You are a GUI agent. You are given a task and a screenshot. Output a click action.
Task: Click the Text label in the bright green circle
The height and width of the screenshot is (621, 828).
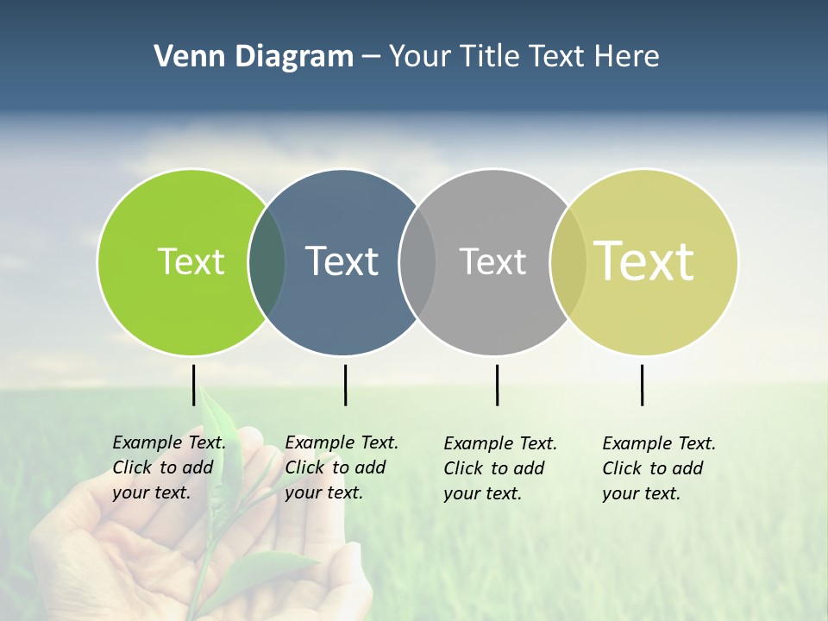click(x=191, y=261)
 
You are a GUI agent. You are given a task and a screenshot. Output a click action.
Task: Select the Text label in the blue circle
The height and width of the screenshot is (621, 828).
click(x=342, y=261)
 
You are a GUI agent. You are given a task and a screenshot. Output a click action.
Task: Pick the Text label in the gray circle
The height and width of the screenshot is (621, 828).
click(x=492, y=261)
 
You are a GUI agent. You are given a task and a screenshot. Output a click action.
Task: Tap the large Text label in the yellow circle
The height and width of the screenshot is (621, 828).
click(x=643, y=261)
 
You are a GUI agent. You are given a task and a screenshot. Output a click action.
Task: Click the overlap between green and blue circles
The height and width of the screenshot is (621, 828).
click(x=267, y=262)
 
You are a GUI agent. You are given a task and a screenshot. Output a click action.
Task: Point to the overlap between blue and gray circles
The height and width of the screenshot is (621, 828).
click(x=417, y=262)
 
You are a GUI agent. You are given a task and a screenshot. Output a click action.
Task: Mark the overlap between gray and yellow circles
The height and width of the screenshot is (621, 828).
click(x=568, y=262)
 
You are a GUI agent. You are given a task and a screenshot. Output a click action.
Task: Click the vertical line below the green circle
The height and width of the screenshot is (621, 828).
click(x=194, y=385)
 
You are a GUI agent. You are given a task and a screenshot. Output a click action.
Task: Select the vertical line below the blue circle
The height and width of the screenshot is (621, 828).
click(x=345, y=385)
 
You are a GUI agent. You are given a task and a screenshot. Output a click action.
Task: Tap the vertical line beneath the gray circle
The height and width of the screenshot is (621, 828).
click(x=497, y=385)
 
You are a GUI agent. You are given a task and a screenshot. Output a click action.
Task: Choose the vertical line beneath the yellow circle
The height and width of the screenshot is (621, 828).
click(x=642, y=385)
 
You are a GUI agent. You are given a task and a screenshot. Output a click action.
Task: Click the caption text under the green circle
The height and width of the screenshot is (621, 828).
click(x=168, y=467)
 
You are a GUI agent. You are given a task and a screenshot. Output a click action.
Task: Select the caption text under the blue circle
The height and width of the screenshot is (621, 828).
click(x=341, y=467)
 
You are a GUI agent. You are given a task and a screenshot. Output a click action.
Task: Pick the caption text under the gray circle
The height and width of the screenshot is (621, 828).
click(x=499, y=468)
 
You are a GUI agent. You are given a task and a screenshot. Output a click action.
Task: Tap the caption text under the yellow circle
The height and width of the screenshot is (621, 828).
click(x=658, y=468)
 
